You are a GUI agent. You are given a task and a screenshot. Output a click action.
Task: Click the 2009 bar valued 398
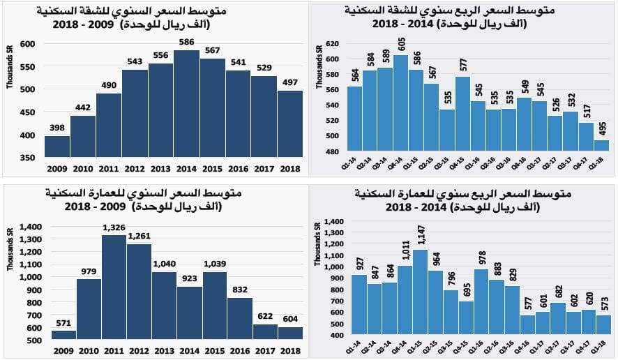[57, 147]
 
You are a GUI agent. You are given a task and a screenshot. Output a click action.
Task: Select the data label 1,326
[114, 228]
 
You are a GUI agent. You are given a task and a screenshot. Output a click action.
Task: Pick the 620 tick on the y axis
[332, 43]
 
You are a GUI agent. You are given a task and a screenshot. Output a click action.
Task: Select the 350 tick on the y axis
[26, 158]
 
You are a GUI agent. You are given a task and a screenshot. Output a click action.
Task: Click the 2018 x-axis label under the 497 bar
[290, 168]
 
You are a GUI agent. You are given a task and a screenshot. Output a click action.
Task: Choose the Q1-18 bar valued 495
[601, 146]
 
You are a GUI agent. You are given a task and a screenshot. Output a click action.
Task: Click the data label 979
[89, 272]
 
